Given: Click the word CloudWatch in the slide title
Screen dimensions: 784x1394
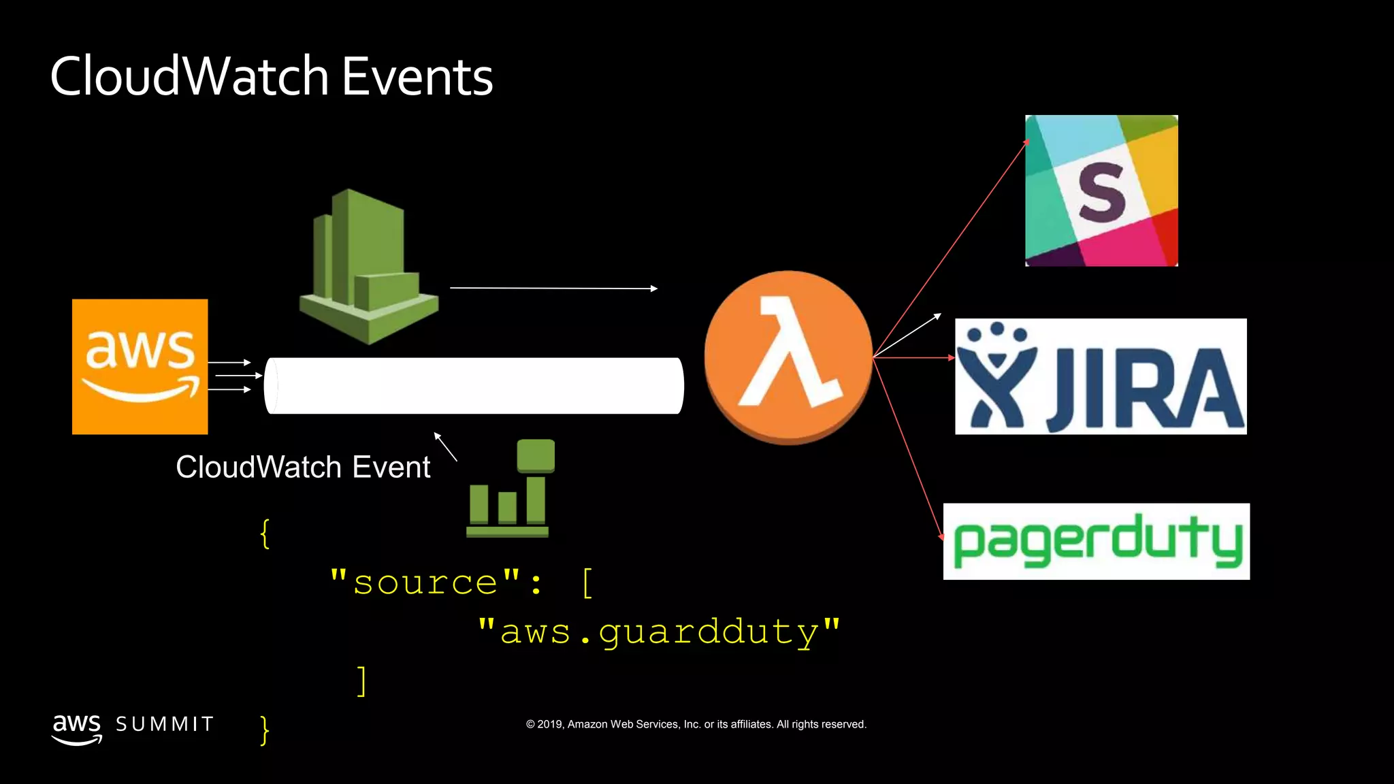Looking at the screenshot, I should (x=189, y=76).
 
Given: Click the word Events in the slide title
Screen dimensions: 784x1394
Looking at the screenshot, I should (x=417, y=76).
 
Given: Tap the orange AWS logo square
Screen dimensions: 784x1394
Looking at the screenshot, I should (x=140, y=366).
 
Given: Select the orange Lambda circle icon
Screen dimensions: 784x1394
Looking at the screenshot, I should (x=788, y=357).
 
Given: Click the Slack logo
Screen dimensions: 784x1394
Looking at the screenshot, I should (x=1101, y=191).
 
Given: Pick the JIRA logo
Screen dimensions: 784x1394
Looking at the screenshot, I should (x=1101, y=376).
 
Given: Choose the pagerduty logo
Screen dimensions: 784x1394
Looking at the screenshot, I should (x=1096, y=542).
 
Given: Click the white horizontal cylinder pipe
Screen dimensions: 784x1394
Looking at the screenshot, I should (x=474, y=385).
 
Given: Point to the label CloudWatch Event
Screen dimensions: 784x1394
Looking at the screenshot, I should (x=303, y=468).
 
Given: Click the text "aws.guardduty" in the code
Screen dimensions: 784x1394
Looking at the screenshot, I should (x=659, y=632).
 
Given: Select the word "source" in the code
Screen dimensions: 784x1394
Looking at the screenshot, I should (x=425, y=583).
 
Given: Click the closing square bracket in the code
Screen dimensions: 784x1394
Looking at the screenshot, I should (x=362, y=681).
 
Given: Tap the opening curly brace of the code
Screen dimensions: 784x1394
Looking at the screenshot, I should (x=265, y=533).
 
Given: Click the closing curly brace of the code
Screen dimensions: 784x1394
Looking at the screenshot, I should (x=265, y=730).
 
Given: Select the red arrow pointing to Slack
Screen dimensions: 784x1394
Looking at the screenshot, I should (x=953, y=245).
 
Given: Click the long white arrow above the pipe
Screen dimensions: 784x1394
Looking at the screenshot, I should (x=553, y=289).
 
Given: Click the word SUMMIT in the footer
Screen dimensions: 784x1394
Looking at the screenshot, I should (x=165, y=724).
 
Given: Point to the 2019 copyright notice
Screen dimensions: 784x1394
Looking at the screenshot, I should (x=696, y=724).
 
